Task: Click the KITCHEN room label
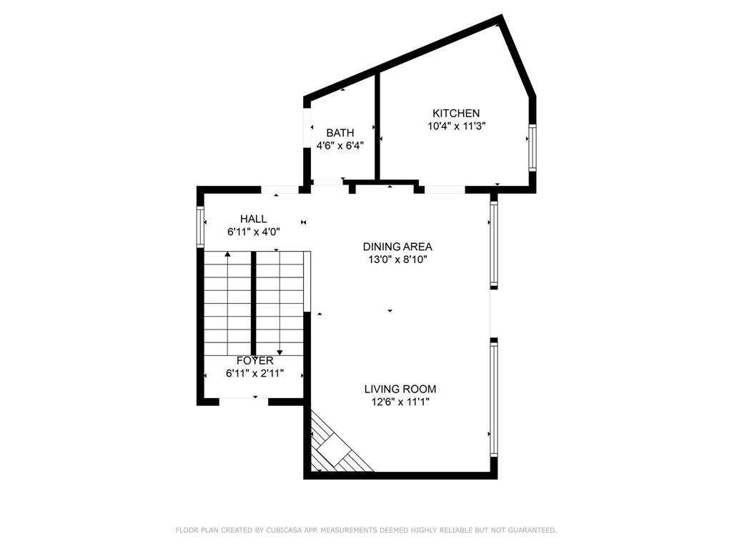pyautogui.click(x=456, y=113)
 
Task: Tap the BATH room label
pyautogui.click(x=340, y=133)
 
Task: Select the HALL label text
pyautogui.click(x=254, y=219)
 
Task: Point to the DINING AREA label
pyautogui.click(x=397, y=247)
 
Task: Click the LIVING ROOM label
pyautogui.click(x=400, y=389)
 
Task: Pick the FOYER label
pyautogui.click(x=254, y=361)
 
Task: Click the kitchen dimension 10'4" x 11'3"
pyautogui.click(x=456, y=126)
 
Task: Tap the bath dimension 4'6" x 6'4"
pyautogui.click(x=340, y=146)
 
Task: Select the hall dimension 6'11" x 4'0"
pyautogui.click(x=254, y=232)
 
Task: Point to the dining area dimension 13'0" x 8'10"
pyautogui.click(x=397, y=259)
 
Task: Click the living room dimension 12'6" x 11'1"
pyautogui.click(x=400, y=402)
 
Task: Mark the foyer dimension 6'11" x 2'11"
pyautogui.click(x=254, y=373)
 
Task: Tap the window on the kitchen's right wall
pyautogui.click(x=532, y=147)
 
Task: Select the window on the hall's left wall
pyautogui.click(x=201, y=227)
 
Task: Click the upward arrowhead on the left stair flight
pyautogui.click(x=227, y=254)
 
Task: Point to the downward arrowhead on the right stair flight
pyautogui.click(x=280, y=352)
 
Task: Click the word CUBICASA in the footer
pyautogui.click(x=279, y=530)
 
